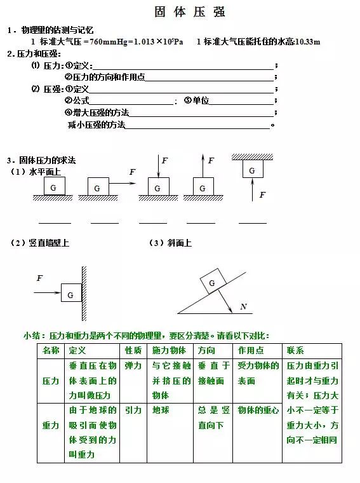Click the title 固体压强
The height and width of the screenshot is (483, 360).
tap(190, 12)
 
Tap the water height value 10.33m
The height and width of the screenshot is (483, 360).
tap(307, 42)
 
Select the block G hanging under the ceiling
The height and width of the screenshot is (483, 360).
tap(252, 170)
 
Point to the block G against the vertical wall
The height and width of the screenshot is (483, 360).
tap(70, 295)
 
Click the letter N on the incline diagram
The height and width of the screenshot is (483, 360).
tap(244, 307)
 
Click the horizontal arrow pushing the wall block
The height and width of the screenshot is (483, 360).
tap(48, 292)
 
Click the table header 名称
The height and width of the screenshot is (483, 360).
tap(51, 351)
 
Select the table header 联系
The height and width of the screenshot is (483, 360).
tap(296, 351)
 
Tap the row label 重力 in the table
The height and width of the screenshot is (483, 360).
tap(51, 425)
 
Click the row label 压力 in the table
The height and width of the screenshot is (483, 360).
tap(51, 381)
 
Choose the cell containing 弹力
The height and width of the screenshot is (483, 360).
tap(133, 366)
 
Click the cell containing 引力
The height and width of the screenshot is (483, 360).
tap(133, 411)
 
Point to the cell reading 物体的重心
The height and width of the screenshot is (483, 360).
tap(258, 411)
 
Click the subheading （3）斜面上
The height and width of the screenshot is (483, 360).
tap(170, 243)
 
